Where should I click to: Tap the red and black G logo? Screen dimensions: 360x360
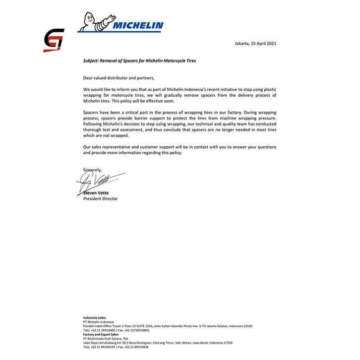tap(54, 40)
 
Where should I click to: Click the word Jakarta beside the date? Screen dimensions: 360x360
tap(242, 44)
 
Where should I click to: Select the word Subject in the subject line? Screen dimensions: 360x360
tap(92, 60)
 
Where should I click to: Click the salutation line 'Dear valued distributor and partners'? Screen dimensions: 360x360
tap(119, 78)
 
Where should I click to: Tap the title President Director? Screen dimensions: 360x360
tap(101, 198)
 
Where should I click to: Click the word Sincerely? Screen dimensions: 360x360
tap(92, 170)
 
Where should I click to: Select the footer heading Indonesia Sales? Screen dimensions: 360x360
tap(95, 317)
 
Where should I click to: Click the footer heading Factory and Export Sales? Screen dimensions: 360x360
tap(101, 334)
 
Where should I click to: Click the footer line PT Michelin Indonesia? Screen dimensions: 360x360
tap(100, 321)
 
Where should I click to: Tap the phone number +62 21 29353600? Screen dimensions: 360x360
tap(105, 330)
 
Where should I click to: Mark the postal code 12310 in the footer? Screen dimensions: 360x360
tap(246, 326)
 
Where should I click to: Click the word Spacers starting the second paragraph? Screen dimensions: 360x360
tap(92, 113)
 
